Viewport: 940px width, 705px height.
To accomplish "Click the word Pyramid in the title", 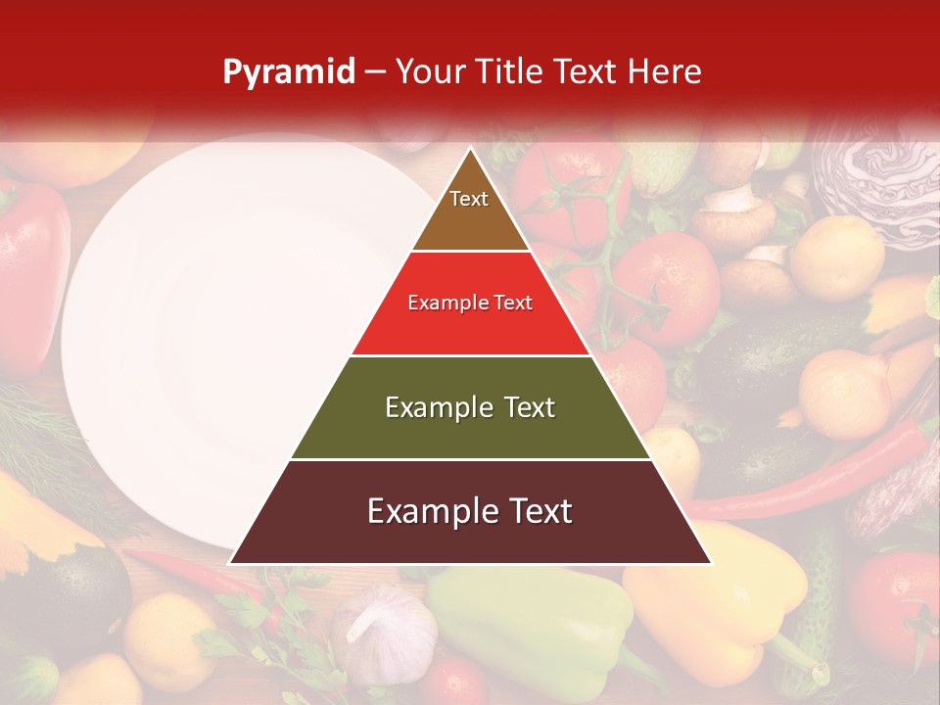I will pos(288,72).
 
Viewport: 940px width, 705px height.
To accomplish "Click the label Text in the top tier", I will pos(469,199).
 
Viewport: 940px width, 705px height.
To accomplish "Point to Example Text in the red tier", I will pos(470,303).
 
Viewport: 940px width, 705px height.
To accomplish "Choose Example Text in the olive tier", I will pos(470,407).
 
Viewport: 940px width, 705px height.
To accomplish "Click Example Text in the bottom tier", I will pos(470,511).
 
